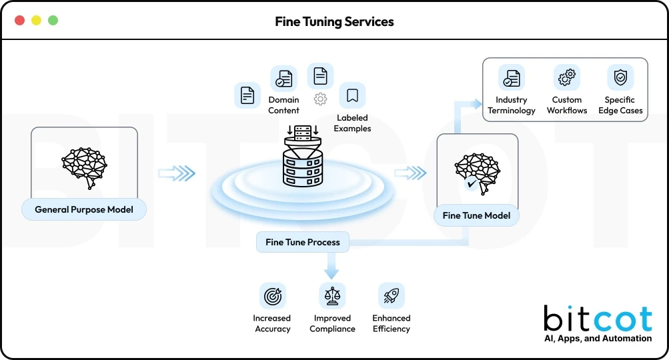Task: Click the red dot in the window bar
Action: [x=20, y=21]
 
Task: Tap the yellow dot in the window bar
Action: [x=37, y=21]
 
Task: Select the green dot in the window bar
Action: [x=53, y=21]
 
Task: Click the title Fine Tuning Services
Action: [x=334, y=21]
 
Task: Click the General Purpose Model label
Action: [x=84, y=209]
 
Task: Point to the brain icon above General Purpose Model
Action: [x=84, y=163]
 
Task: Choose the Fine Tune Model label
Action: [x=476, y=215]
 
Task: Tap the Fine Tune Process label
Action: [x=303, y=242]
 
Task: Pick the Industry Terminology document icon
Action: [x=512, y=78]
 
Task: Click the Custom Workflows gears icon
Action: [x=567, y=78]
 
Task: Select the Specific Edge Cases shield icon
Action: [x=620, y=78]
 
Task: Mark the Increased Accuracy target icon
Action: [x=272, y=295]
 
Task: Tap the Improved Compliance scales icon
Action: [x=331, y=295]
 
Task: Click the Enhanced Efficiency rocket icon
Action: [x=391, y=295]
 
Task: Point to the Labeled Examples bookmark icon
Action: [x=352, y=96]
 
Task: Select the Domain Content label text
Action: [x=284, y=105]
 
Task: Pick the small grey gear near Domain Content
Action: [x=320, y=99]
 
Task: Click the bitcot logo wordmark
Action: [x=597, y=319]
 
